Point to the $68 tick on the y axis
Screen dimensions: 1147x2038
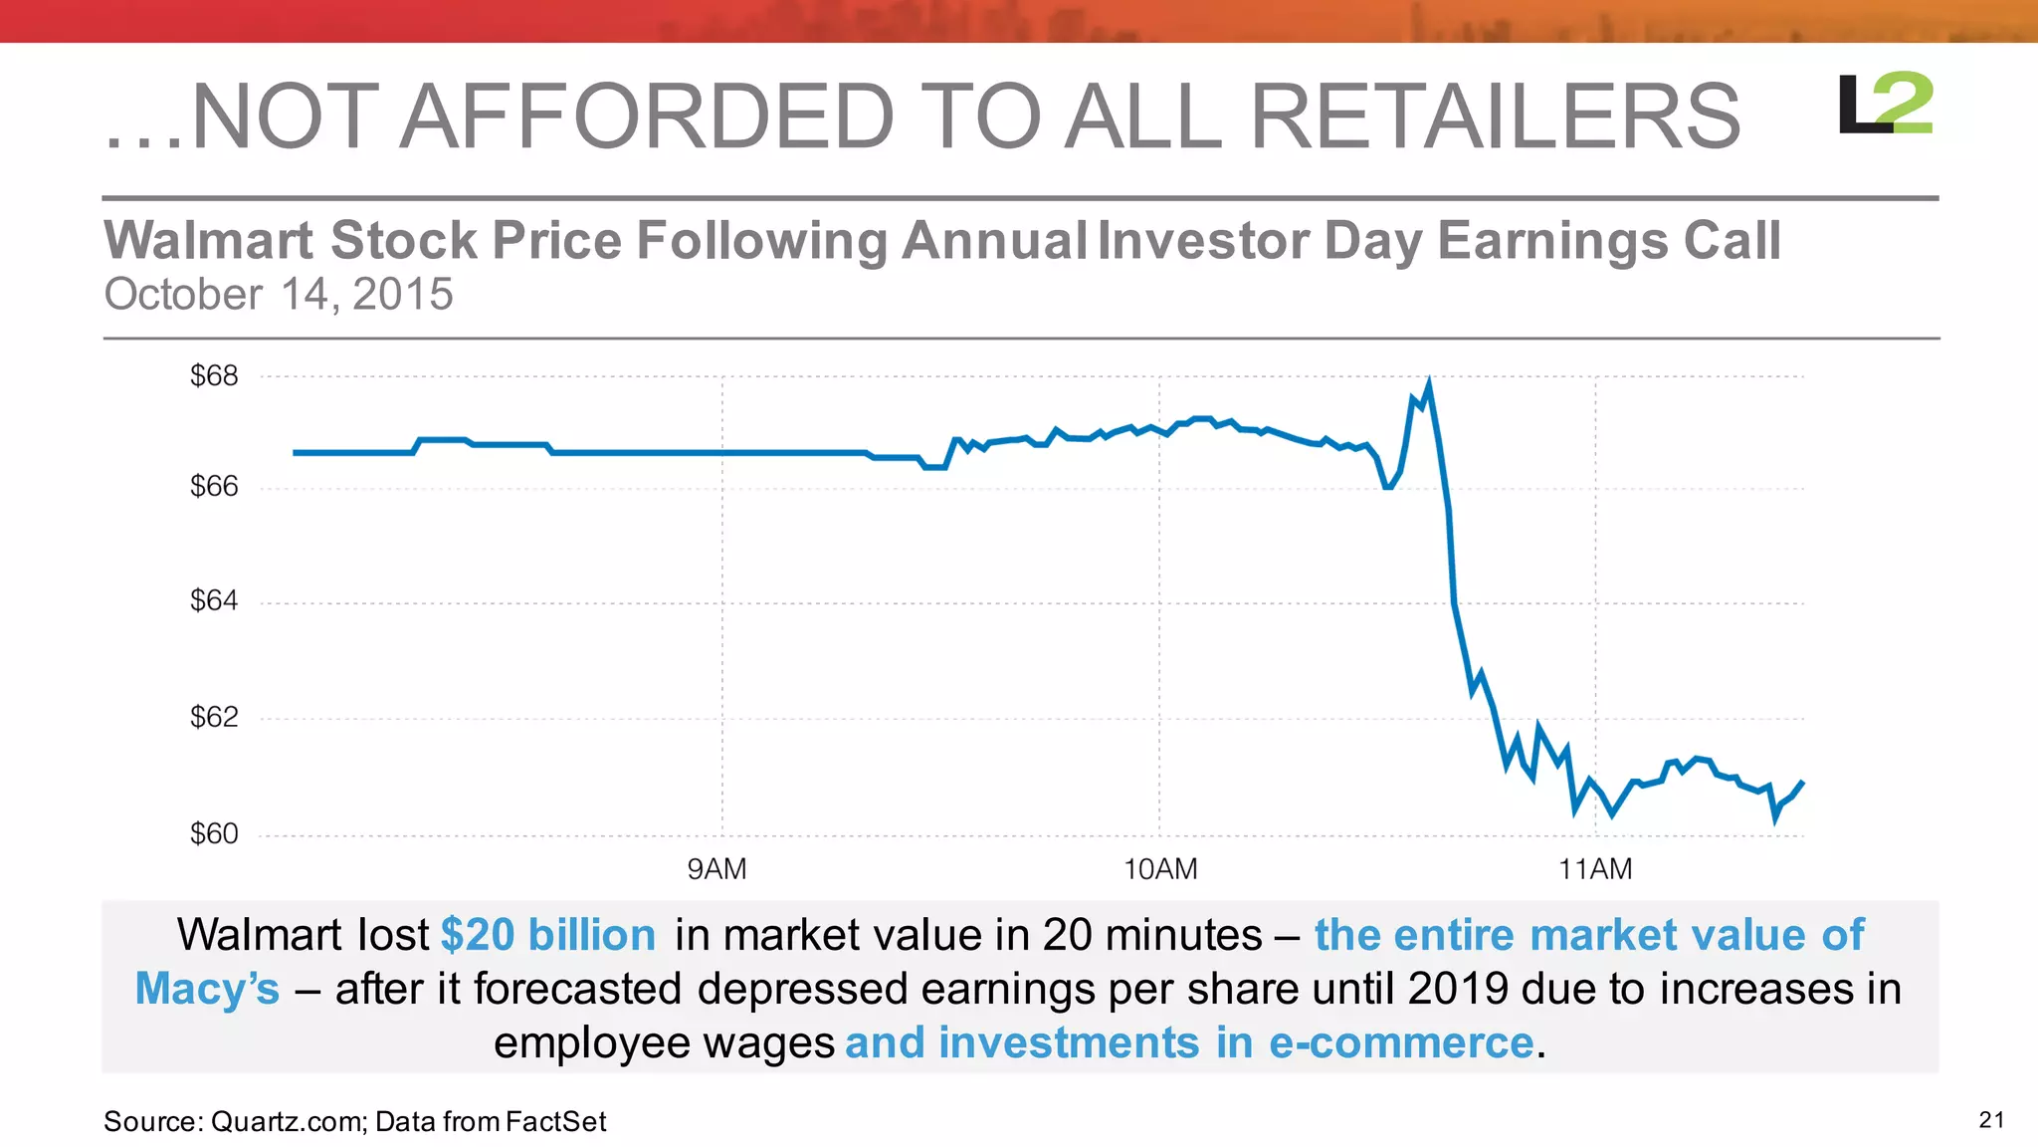[x=214, y=376]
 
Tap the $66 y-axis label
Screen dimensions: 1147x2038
[x=214, y=487]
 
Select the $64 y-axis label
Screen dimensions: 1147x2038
[x=214, y=601]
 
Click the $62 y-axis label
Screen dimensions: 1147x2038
[x=214, y=718]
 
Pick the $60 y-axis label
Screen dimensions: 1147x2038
[x=214, y=834]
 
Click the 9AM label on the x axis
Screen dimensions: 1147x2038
[x=716, y=870]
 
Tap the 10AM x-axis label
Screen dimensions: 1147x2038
[x=1160, y=870]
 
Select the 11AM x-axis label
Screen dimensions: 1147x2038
[x=1595, y=870]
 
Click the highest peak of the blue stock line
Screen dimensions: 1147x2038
[x=1429, y=383]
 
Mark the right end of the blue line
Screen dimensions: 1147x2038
[x=1802, y=783]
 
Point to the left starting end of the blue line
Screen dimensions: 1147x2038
[x=296, y=453]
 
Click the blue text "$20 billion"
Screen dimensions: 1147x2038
[x=548, y=936]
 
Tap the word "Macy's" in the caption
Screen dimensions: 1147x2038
[x=207, y=990]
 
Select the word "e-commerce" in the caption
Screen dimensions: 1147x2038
[x=1401, y=1043]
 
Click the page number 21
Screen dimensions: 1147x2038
[x=1991, y=1120]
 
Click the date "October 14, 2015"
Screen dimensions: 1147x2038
[x=279, y=295]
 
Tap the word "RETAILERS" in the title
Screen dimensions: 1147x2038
[x=1494, y=117]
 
